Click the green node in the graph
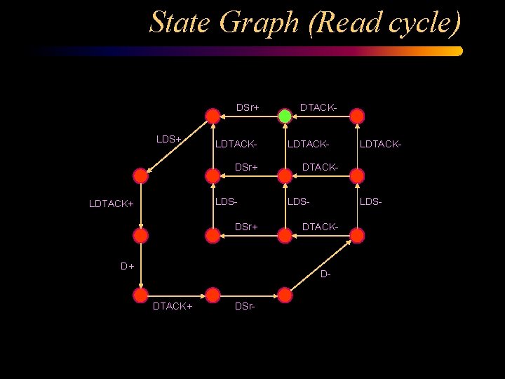(285, 116)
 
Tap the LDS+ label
(169, 139)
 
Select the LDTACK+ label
(111, 204)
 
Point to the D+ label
(127, 266)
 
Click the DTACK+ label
(173, 307)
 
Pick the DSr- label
(245, 307)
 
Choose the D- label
(325, 274)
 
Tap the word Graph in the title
(267, 24)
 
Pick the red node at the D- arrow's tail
(285, 295)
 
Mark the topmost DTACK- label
(318, 107)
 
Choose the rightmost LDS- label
(371, 202)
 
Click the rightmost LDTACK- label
(381, 144)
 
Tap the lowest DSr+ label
(246, 227)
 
